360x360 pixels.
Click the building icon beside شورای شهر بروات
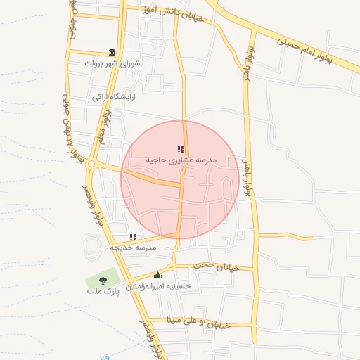[112, 52]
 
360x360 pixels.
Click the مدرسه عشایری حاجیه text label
[181, 160]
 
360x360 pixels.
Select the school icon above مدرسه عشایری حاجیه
[181, 149]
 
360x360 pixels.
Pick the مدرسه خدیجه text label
[133, 247]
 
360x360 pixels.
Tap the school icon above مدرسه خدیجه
[133, 237]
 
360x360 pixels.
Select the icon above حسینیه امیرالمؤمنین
[157, 275]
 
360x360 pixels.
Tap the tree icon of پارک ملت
[103, 280]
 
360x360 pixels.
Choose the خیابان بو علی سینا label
[201, 322]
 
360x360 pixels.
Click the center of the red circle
[180, 180]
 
